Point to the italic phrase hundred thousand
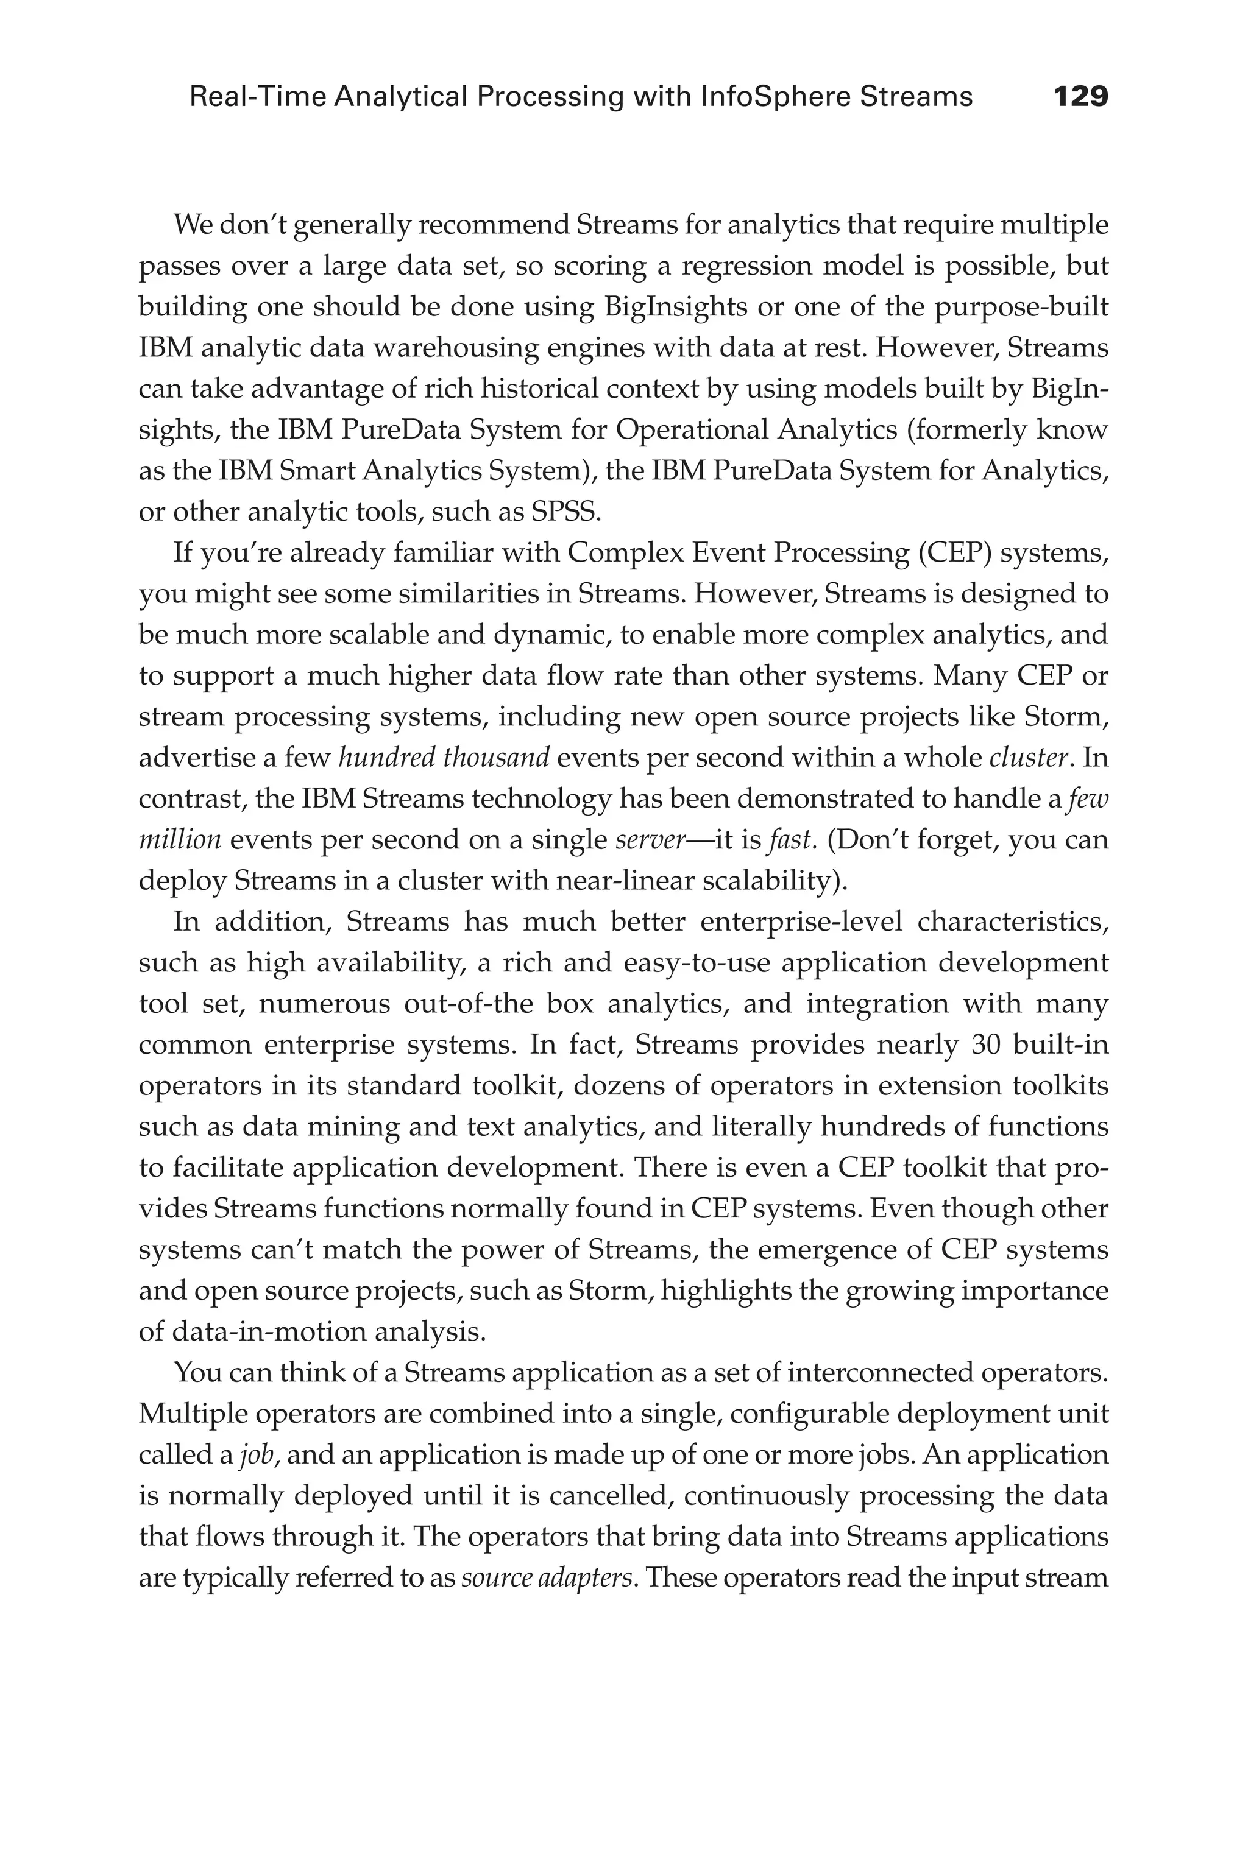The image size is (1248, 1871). pyautogui.click(x=444, y=757)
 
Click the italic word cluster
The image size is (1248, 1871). pyautogui.click(x=1027, y=757)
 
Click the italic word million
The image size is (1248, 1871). pyautogui.click(x=180, y=839)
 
